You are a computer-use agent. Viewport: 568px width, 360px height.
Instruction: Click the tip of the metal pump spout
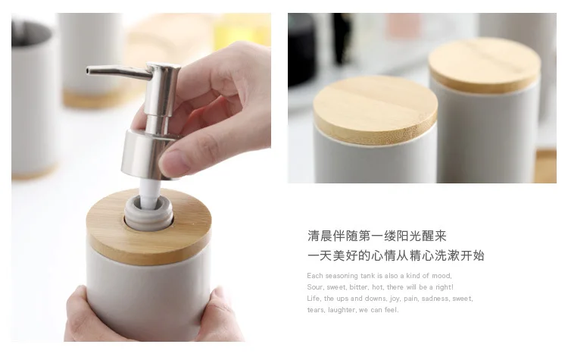pos(88,70)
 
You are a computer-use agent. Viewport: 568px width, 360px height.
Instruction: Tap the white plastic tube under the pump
pos(150,193)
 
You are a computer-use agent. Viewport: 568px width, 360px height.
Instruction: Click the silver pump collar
pos(142,155)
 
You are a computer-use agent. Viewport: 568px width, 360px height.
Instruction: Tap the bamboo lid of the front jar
pos(376,110)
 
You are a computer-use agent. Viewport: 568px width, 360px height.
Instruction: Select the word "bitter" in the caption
pos(359,287)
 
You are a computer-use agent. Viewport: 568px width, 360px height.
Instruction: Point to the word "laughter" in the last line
pos(342,310)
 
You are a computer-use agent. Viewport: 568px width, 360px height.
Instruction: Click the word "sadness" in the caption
pos(427,299)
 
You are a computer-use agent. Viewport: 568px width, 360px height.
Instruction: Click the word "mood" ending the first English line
pos(441,276)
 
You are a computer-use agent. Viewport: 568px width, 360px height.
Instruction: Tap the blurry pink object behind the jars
pos(404,25)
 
